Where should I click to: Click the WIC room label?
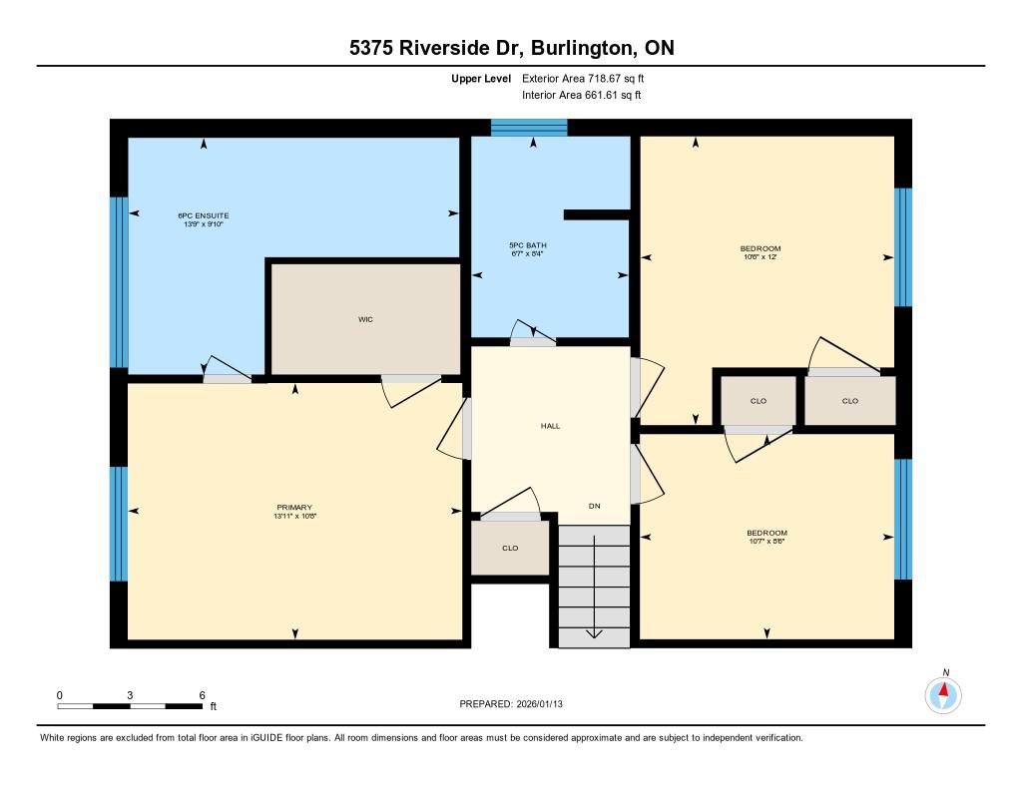(x=365, y=319)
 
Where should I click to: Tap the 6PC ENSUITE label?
(x=204, y=215)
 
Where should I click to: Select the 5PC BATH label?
(x=528, y=245)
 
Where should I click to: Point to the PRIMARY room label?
(x=294, y=508)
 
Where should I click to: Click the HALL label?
(x=550, y=426)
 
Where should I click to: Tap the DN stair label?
(x=595, y=506)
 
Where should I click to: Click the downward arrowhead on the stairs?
(x=594, y=634)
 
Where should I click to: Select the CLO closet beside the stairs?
(x=510, y=548)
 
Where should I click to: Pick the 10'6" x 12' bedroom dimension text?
(x=760, y=256)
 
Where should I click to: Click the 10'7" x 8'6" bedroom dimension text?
(x=766, y=541)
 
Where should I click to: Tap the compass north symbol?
(x=943, y=694)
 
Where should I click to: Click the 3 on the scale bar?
(x=130, y=695)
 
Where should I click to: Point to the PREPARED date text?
(x=511, y=703)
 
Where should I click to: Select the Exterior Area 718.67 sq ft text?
(x=583, y=78)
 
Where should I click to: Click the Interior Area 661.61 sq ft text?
(x=582, y=95)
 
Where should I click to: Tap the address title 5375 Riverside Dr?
(x=436, y=48)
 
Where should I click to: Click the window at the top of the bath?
(x=529, y=127)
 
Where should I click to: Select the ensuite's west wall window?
(x=119, y=282)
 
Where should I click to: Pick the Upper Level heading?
(x=481, y=79)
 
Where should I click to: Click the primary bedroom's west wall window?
(x=119, y=524)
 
